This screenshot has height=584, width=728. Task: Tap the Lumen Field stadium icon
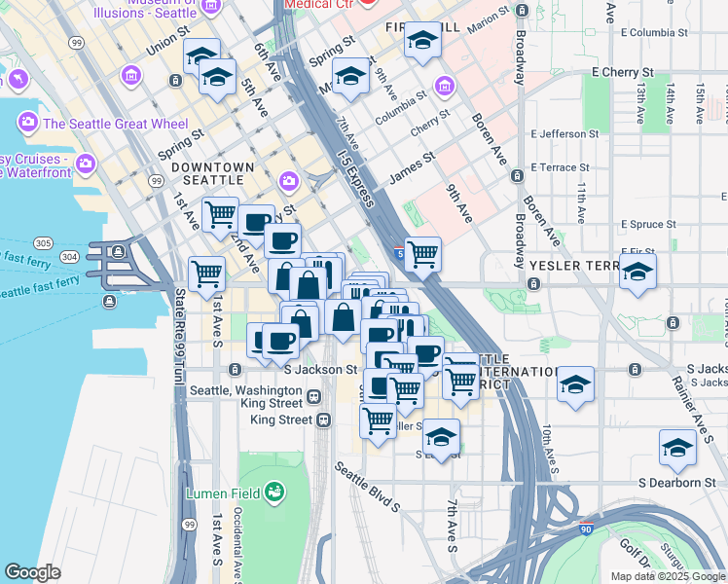[x=276, y=493]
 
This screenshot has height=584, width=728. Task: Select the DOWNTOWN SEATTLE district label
[x=212, y=167]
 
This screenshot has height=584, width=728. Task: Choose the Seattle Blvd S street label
[x=367, y=486]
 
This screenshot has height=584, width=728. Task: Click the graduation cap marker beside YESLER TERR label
[x=637, y=273]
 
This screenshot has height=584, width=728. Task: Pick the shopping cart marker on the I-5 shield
[x=422, y=254]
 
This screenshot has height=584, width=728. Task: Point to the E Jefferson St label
[x=564, y=134]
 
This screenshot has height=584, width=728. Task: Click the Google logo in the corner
[x=32, y=572]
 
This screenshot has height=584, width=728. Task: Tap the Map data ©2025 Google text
[x=668, y=575]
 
